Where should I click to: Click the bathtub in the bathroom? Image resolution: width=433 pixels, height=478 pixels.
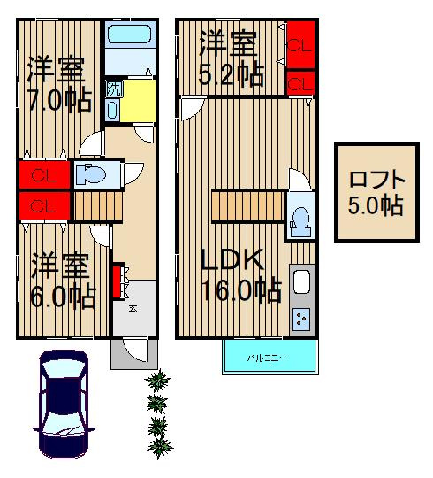coord(130,35)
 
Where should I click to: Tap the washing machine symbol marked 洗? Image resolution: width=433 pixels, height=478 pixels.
coord(114,89)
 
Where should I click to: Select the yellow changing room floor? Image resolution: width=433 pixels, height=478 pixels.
coord(138,101)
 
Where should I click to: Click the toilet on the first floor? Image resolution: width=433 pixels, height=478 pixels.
coord(91,174)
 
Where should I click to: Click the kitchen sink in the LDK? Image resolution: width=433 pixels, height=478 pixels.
coord(301,282)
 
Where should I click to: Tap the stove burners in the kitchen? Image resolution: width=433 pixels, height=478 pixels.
coord(301,319)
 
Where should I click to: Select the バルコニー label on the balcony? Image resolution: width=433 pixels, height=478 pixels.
coord(267,358)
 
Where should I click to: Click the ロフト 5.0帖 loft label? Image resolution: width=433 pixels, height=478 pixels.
coord(376,193)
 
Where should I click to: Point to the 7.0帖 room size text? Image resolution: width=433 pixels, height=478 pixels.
coord(60,100)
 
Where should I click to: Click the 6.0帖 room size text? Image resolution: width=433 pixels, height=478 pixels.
coord(63,296)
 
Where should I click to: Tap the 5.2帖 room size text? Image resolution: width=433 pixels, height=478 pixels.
coord(231,73)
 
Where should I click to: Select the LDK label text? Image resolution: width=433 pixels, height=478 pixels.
coord(232,259)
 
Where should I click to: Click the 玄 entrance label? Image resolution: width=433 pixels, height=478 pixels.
coord(133,308)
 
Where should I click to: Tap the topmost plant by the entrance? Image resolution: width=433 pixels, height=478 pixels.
coord(157,380)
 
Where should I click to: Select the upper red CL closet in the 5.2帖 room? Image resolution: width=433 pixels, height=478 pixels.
coord(300,45)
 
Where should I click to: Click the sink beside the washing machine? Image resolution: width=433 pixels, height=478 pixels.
coord(112,110)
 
